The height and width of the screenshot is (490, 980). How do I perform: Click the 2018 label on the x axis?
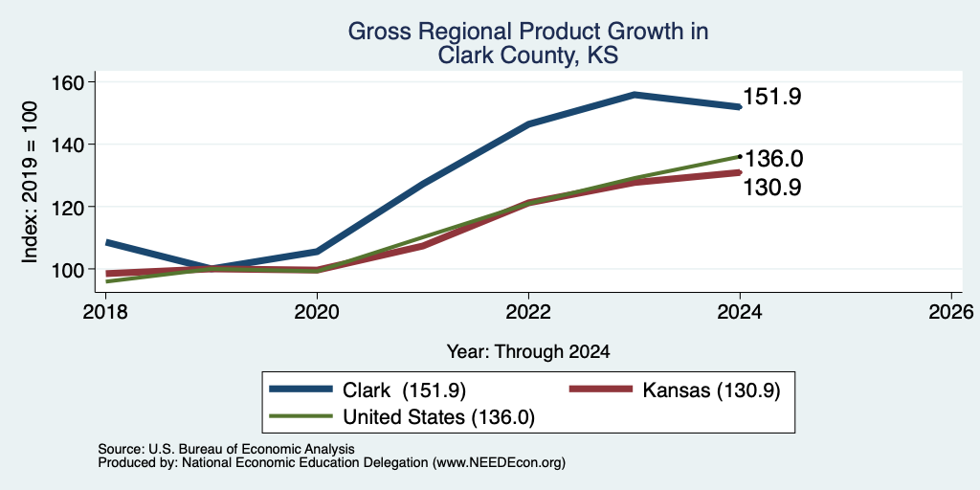[105, 312]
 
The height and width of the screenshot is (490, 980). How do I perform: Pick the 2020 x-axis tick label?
[317, 312]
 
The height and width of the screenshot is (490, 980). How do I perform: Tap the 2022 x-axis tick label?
[528, 312]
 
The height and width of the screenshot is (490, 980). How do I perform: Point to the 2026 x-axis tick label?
[951, 312]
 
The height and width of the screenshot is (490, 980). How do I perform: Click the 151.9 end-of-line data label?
[772, 97]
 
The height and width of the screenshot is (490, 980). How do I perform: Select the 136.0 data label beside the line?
[773, 160]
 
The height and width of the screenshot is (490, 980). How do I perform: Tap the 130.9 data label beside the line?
[772, 188]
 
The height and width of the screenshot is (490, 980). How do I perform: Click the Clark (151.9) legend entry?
[367, 390]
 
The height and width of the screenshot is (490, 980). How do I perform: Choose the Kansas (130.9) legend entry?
[675, 390]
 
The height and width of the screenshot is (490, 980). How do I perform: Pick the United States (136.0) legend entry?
[402, 417]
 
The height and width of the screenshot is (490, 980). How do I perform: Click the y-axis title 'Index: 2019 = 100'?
[30, 182]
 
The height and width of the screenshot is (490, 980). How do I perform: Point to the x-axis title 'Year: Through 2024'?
[528, 352]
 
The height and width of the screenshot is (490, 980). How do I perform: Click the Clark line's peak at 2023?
[635, 95]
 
